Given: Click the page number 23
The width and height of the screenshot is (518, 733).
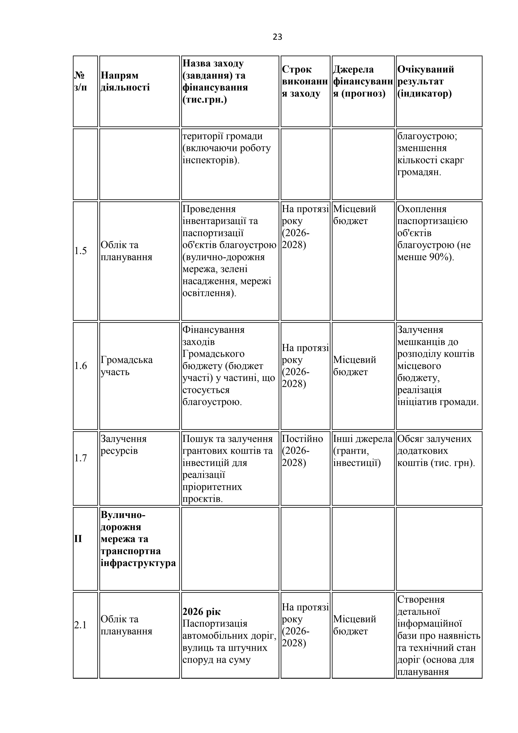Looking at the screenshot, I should [x=277, y=37].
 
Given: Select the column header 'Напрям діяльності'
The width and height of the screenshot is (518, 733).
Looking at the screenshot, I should [x=125, y=81].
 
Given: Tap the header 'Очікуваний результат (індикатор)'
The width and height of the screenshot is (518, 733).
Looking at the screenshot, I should [x=425, y=81].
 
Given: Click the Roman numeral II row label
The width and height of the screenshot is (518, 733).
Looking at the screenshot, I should [x=78, y=539].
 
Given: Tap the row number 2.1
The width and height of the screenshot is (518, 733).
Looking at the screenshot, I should [x=80, y=625].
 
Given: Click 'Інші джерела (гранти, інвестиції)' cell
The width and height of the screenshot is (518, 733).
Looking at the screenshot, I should [x=363, y=450].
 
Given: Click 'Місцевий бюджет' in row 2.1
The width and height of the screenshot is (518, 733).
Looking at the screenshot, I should [x=354, y=625].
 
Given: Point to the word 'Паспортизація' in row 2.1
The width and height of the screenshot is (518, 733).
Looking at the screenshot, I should [x=215, y=624].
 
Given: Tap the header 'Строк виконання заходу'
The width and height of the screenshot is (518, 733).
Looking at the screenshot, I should [x=305, y=81].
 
